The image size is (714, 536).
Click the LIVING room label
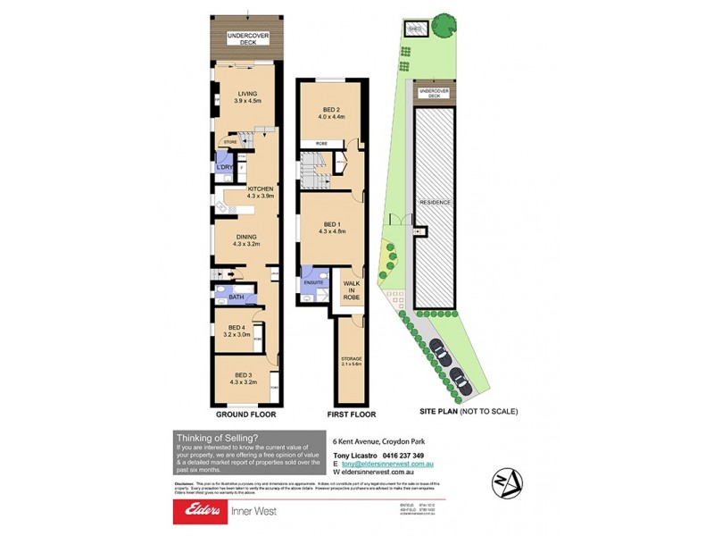tap(245, 96)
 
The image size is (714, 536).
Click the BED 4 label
tap(237, 331)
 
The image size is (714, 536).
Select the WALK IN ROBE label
tap(351, 289)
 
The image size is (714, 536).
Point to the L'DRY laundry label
tap(224, 167)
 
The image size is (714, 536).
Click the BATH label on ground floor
tap(236, 297)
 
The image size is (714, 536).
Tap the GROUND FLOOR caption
tap(245, 415)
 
